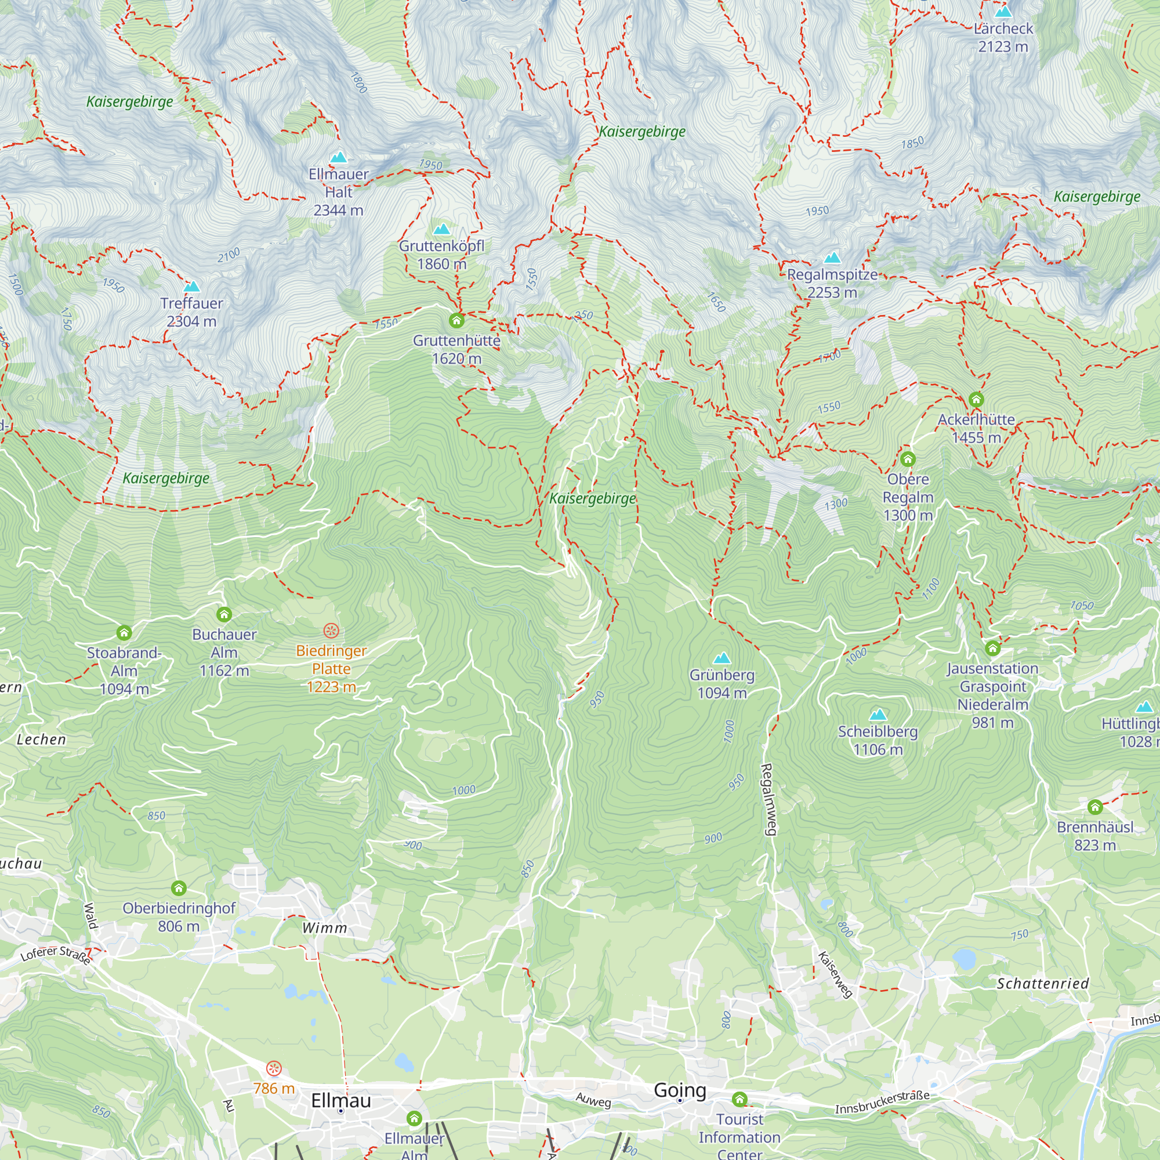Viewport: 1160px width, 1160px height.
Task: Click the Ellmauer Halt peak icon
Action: click(x=339, y=157)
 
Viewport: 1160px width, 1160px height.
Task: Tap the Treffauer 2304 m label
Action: click(x=191, y=311)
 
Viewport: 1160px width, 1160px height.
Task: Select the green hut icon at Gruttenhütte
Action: click(x=456, y=320)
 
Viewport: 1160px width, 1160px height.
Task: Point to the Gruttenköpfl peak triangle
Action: click(x=441, y=229)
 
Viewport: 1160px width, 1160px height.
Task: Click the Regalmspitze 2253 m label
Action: click(x=832, y=284)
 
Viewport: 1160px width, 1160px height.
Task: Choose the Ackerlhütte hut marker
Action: click(x=976, y=399)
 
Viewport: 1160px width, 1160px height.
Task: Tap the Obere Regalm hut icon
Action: click(x=907, y=459)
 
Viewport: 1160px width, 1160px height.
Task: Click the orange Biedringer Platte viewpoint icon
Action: click(x=331, y=630)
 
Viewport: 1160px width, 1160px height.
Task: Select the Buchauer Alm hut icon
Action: click(x=224, y=614)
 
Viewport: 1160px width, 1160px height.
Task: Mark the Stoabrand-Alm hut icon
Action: click(x=124, y=632)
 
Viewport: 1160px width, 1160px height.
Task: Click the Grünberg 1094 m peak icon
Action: click(x=722, y=658)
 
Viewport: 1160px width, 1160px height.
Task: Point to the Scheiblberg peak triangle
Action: click(x=878, y=715)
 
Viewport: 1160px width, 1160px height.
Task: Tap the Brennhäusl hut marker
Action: click(x=1094, y=806)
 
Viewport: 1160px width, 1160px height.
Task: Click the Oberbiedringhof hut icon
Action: click(x=178, y=887)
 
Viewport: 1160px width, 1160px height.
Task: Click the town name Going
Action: click(x=680, y=1090)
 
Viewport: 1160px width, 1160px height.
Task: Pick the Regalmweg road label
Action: click(x=768, y=799)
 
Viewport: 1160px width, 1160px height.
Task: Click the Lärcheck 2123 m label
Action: click(x=1003, y=37)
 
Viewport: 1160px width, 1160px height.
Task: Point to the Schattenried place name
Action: click(x=1042, y=984)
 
